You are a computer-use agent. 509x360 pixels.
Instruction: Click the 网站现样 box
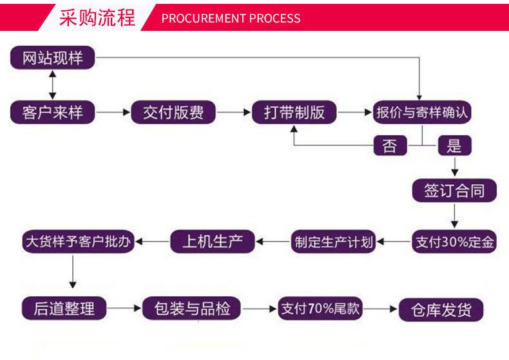pyautogui.click(x=53, y=58)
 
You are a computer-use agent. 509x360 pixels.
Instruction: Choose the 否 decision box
pyautogui.click(x=390, y=146)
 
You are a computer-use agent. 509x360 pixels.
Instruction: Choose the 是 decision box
pyautogui.click(x=455, y=146)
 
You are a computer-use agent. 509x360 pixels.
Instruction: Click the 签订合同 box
pyautogui.click(x=455, y=190)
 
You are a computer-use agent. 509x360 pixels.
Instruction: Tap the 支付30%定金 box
pyautogui.click(x=455, y=242)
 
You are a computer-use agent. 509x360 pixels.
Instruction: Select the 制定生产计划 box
pyautogui.click(x=334, y=242)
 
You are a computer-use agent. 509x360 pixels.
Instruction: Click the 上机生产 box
pyautogui.click(x=213, y=242)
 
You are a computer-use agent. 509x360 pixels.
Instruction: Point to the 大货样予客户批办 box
pyautogui.click(x=77, y=242)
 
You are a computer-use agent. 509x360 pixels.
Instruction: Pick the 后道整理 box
pyautogui.click(x=64, y=308)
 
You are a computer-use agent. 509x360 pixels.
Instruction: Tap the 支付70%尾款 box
pyautogui.click(x=319, y=308)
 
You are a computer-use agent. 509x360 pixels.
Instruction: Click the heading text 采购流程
pyautogui.click(x=97, y=17)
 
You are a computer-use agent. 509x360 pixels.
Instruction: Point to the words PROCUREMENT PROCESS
pyautogui.click(x=231, y=18)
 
